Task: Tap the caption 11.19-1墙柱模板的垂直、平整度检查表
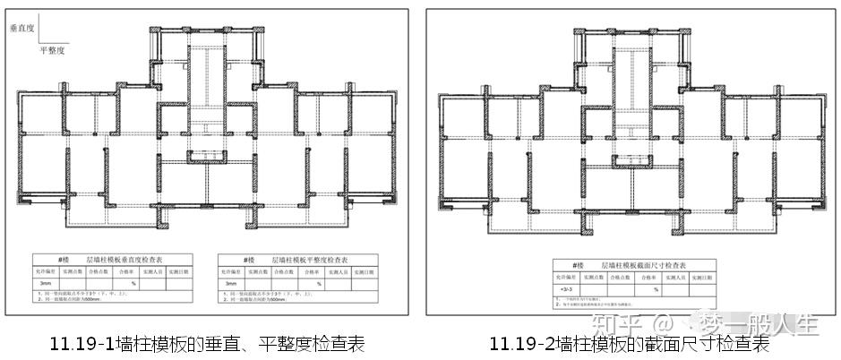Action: (209, 343)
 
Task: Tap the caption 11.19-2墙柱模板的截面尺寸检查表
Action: (629, 343)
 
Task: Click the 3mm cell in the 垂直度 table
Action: (47, 283)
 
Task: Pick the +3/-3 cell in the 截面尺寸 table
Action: (566, 290)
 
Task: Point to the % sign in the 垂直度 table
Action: (133, 283)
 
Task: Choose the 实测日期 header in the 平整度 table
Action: (367, 270)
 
